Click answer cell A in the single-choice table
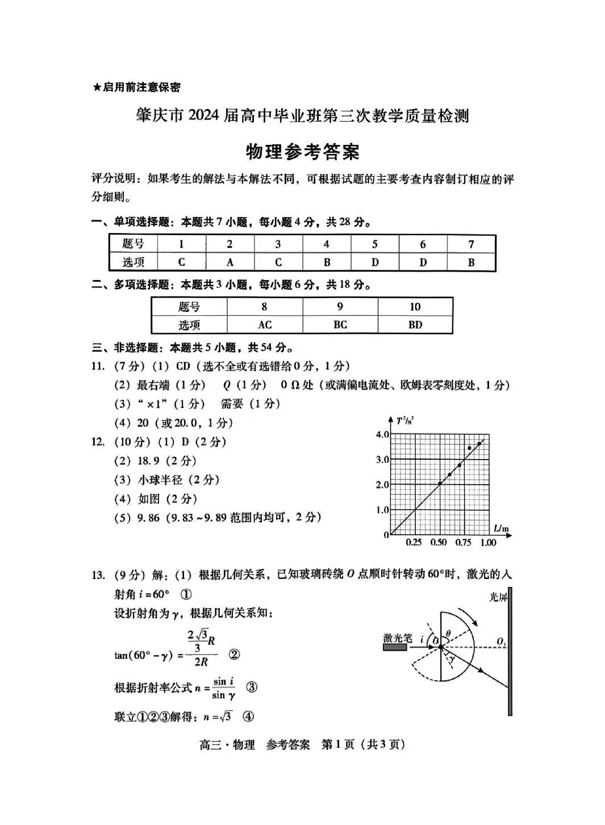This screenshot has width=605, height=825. [x=230, y=262]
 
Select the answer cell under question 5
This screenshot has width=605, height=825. [x=375, y=262]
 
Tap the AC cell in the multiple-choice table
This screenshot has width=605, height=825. [x=265, y=324]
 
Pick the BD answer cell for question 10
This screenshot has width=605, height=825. [x=415, y=324]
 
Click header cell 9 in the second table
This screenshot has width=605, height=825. [x=340, y=307]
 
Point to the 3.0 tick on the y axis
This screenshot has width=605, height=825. [x=382, y=459]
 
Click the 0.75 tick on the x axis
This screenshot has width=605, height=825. [x=463, y=542]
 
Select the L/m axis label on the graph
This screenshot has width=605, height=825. [x=501, y=529]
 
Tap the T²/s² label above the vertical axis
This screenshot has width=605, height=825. [x=404, y=421]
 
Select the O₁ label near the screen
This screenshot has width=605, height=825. [x=501, y=642]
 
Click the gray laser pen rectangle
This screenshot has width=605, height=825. [x=395, y=648]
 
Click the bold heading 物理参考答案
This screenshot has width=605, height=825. [x=302, y=152]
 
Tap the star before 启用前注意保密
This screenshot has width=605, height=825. [x=97, y=88]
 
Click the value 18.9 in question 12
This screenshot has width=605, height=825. [x=149, y=461]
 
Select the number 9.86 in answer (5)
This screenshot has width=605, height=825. [x=149, y=518]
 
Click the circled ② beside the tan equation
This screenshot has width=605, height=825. [x=233, y=655]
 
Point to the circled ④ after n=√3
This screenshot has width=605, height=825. [x=248, y=716]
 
